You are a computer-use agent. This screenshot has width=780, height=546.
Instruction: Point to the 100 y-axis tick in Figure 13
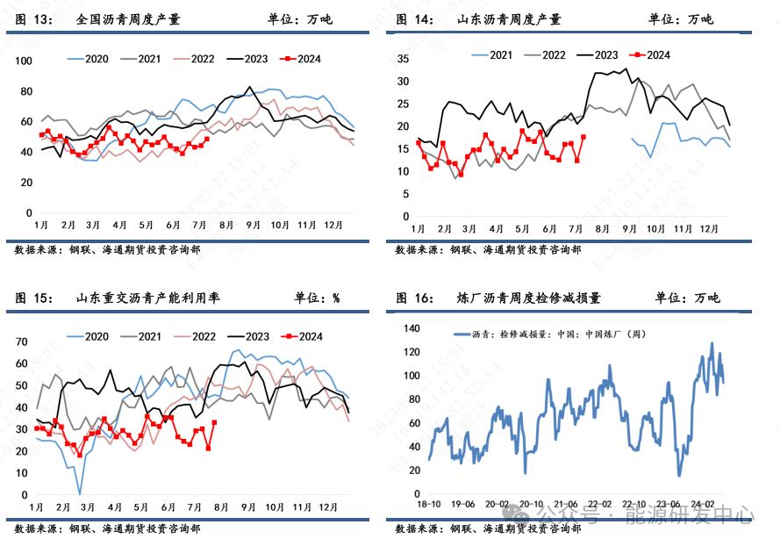pos(24,61)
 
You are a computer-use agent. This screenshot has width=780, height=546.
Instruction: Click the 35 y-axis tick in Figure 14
pos(404,59)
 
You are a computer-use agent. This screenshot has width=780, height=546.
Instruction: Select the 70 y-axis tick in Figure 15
pos(22,342)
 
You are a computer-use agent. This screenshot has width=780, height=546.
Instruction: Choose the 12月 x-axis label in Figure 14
pos(709,229)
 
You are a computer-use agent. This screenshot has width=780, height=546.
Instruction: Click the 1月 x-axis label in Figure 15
pos(37,507)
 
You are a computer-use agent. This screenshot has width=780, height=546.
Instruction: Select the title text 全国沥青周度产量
pos(128,18)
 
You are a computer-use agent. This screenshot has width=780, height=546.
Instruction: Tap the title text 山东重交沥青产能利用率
pos(148,298)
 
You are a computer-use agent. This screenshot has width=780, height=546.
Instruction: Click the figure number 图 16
pos(414,298)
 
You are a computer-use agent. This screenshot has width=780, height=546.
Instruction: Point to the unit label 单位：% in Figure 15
pos(317,298)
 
